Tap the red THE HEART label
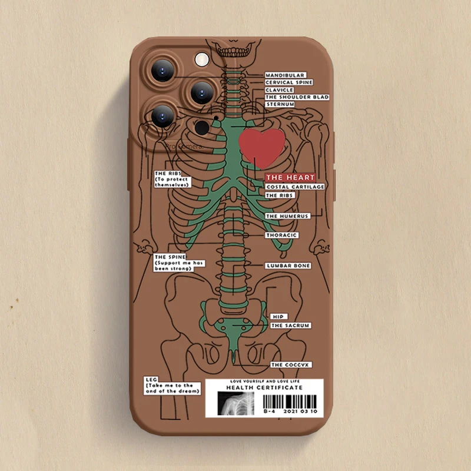pos(290,177)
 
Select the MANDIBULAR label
pos(284,75)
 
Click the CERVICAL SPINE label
pos(288,82)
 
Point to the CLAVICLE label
pos(279,89)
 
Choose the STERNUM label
pos(280,104)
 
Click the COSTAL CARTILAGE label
pos(295,187)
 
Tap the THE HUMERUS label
pos(287,216)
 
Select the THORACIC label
pos(281,235)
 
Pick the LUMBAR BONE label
pos(288,266)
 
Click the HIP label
pos(277,316)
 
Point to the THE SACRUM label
pos(290,325)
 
